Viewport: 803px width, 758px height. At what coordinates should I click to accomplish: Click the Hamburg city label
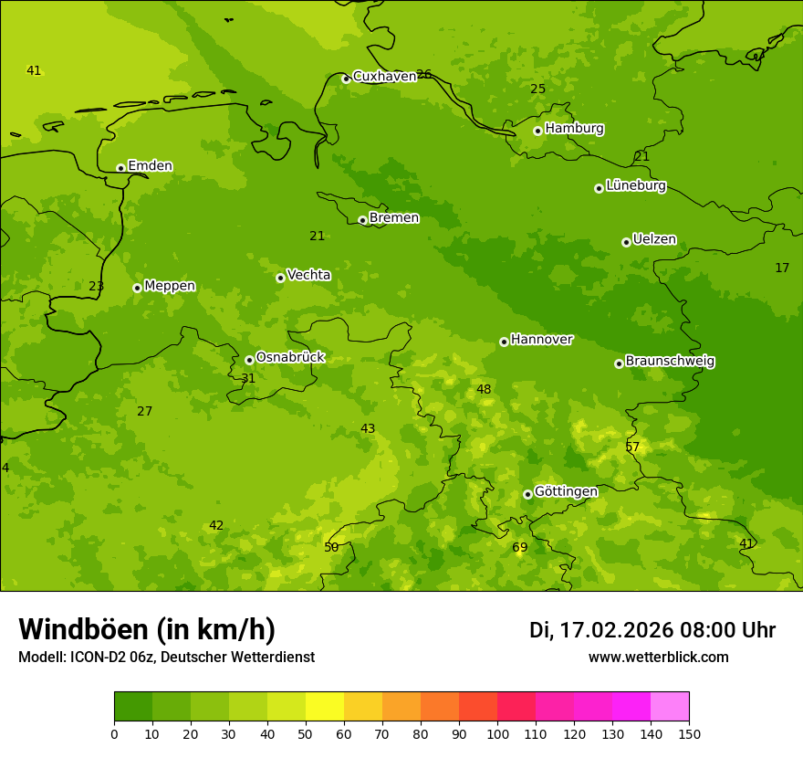(574, 129)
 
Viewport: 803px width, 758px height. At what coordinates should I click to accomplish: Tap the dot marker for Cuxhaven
(346, 79)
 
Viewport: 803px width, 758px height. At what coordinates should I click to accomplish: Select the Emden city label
(150, 166)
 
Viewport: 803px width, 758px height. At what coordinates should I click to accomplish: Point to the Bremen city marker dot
(362, 220)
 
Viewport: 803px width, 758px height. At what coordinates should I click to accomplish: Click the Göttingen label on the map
(566, 491)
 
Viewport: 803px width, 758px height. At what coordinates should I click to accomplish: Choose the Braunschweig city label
(670, 362)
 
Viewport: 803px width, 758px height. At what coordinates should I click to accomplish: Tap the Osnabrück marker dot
(249, 360)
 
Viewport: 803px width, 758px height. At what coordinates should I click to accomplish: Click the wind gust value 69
(519, 548)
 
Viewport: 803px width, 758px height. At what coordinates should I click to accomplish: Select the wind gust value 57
(632, 447)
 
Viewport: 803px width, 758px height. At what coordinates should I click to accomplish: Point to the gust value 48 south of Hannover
(484, 390)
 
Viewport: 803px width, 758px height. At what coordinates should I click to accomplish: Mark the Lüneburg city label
(635, 185)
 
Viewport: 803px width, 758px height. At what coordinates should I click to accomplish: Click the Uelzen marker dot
(626, 242)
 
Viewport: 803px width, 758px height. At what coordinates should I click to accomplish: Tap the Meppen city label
(170, 286)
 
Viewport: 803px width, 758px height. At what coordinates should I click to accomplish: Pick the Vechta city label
(308, 275)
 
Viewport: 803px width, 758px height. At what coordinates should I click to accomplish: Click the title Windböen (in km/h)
(147, 629)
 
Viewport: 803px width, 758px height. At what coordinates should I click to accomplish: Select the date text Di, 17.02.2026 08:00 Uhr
(652, 630)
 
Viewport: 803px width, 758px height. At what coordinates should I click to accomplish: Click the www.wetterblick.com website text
(658, 658)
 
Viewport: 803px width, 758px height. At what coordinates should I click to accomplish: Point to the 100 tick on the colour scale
(497, 733)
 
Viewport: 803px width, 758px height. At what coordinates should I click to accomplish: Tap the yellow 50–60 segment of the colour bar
(325, 707)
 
